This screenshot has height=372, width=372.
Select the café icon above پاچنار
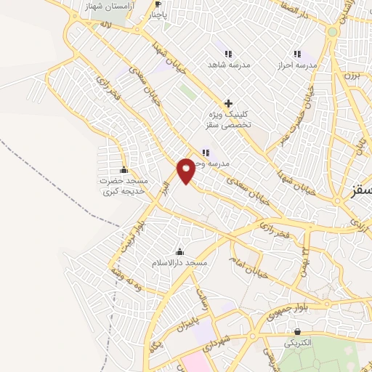pos(158,4)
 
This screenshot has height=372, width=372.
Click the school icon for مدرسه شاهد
pos(228,54)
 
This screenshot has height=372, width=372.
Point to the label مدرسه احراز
pos(296,65)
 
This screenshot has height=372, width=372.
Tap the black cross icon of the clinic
pos(228,103)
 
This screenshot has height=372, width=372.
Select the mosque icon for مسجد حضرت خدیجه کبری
pos(123,170)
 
